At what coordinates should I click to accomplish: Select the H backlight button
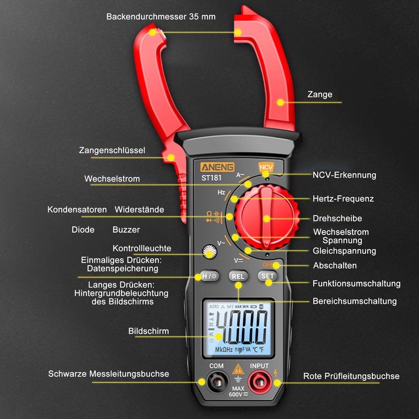209,276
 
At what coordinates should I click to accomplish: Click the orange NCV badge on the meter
266,168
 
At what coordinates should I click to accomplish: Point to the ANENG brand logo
218,168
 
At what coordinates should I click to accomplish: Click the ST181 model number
211,178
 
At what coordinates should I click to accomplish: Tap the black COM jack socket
216,383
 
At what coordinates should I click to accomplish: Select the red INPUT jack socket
259,383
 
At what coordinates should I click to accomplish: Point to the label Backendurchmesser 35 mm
161,17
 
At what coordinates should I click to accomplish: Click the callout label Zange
319,94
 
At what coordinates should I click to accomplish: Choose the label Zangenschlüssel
112,150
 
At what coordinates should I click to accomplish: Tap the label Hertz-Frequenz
343,199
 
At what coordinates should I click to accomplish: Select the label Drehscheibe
337,218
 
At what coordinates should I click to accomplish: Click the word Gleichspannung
345,251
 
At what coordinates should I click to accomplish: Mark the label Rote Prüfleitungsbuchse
351,376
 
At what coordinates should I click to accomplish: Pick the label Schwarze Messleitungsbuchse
108,374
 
